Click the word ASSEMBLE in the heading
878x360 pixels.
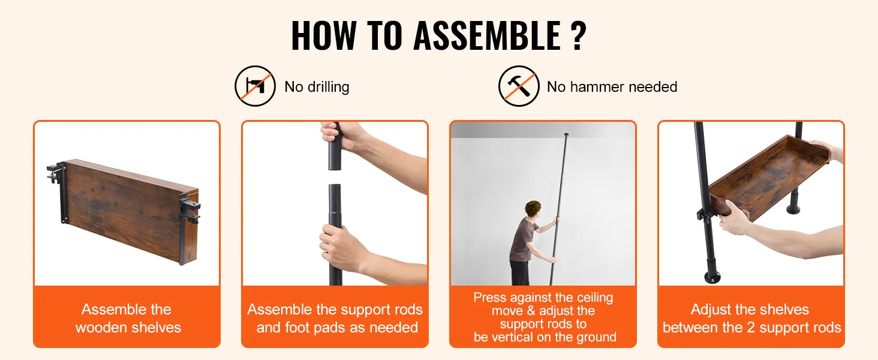[487, 35]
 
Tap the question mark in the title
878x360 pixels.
[579, 35]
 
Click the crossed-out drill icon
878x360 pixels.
[255, 86]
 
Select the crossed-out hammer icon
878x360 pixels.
[519, 86]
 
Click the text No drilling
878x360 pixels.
[317, 86]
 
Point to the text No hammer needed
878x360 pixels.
[612, 86]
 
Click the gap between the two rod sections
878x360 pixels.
[334, 177]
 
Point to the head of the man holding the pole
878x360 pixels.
[533, 209]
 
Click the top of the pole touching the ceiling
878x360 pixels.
[566, 135]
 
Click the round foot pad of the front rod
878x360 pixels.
[712, 277]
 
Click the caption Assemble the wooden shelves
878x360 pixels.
[128, 319]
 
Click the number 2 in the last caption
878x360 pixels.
[751, 328]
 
